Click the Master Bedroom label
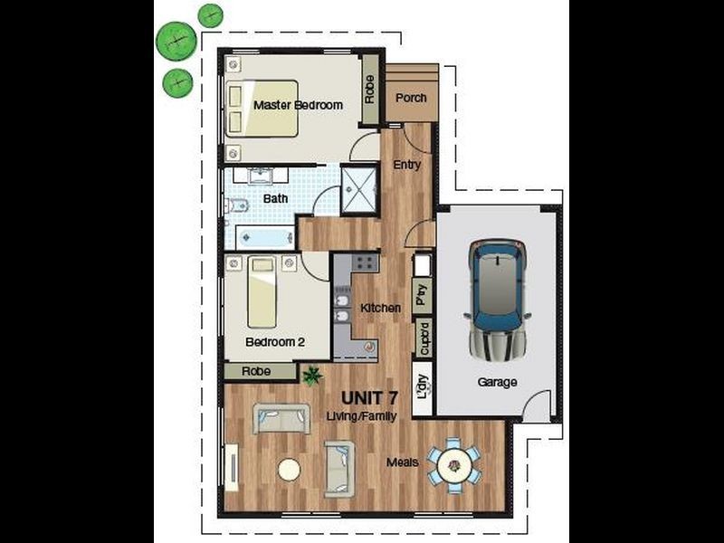299,105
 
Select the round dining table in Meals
454,465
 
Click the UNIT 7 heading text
370,397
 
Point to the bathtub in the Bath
265,238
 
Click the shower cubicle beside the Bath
359,190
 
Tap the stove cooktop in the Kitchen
366,262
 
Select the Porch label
411,99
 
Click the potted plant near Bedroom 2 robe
312,375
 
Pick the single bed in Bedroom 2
262,291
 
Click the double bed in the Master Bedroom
262,109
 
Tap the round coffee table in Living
290,470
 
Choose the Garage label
497,382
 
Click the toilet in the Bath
237,205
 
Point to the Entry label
407,165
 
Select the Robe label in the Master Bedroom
369,90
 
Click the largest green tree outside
176,41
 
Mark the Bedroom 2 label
275,342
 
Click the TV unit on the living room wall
232,467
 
